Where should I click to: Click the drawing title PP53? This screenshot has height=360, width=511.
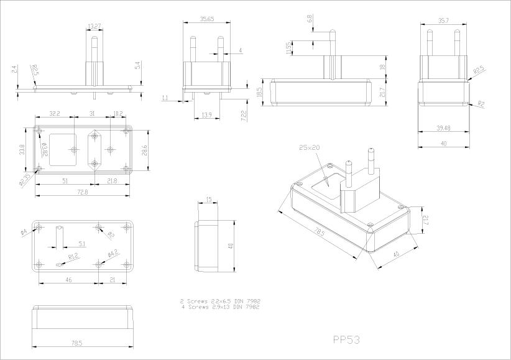[x=346, y=339]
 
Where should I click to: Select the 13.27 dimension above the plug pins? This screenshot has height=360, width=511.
[x=95, y=26]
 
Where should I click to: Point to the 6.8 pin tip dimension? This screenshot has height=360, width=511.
[x=310, y=19]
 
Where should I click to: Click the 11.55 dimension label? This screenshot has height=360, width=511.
[x=288, y=48]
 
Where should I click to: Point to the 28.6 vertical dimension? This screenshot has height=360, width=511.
[x=145, y=150]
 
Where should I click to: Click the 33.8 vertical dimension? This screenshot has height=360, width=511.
[x=22, y=149]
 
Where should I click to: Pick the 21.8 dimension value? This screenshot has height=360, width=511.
[x=111, y=181]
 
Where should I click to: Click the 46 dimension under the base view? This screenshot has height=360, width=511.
[x=68, y=280]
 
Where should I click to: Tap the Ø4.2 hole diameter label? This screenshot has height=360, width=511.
[x=113, y=253]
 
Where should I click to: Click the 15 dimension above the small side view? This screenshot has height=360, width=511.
[x=208, y=199]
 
